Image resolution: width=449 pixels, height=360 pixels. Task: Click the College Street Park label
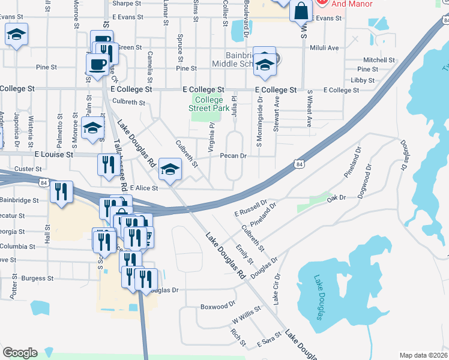(209, 104)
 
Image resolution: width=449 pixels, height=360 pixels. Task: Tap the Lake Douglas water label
(318, 296)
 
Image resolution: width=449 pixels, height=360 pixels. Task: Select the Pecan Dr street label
(234, 156)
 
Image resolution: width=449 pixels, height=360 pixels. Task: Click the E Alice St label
(143, 188)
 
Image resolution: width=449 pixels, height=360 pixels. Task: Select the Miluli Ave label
(324, 47)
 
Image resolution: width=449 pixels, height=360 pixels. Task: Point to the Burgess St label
(37, 278)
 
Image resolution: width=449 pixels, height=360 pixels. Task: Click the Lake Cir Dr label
(277, 289)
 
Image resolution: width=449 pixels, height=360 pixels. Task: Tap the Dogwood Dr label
(367, 182)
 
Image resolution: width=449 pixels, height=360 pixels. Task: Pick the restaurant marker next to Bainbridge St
(61, 191)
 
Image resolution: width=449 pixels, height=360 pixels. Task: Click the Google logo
(20, 353)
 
